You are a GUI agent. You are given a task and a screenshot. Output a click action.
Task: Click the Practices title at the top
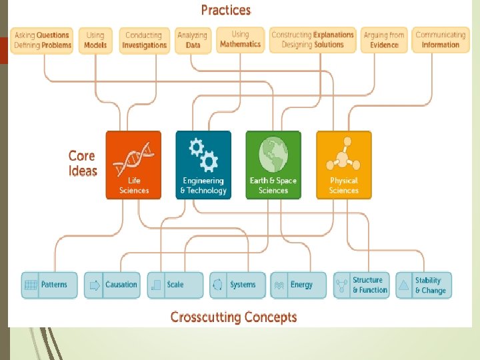226,10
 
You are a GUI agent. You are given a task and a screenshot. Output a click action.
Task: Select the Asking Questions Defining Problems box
43,40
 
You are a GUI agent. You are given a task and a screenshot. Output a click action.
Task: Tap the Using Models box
95,40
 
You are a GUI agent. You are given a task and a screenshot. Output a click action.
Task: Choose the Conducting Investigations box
144,40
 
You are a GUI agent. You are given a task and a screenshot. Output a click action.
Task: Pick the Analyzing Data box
193,40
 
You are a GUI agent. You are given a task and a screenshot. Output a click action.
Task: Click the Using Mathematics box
240,39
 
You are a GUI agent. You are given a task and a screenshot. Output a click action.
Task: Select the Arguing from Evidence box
384,40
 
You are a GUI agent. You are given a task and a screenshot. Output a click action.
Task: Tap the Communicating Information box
440,40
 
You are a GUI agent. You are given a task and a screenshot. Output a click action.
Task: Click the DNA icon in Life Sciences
134,157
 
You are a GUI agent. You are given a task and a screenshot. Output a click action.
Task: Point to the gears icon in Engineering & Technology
203,155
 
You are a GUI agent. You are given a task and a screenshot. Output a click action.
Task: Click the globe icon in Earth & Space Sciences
273,155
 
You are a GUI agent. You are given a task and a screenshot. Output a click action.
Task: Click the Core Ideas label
83,163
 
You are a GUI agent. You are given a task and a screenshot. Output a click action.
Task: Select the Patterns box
49,285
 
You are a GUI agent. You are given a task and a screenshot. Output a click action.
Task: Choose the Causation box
112,285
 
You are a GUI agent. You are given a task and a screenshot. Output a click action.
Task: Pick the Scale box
175,285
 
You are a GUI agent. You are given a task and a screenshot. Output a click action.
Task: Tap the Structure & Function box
361,285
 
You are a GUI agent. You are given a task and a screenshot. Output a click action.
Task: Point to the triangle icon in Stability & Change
403,285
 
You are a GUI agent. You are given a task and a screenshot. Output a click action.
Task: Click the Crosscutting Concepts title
233,317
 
